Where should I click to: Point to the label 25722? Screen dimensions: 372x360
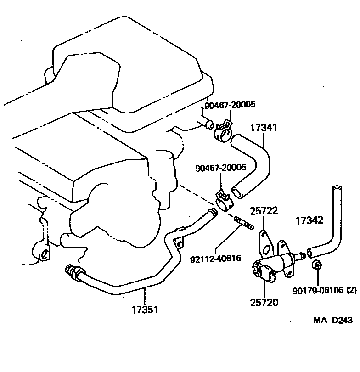click(263, 211)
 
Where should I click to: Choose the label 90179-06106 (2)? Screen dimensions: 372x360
click(325, 290)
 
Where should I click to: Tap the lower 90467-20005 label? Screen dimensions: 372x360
click(220, 169)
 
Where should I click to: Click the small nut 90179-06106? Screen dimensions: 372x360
click(316, 265)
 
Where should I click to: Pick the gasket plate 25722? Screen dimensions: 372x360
click(266, 243)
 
